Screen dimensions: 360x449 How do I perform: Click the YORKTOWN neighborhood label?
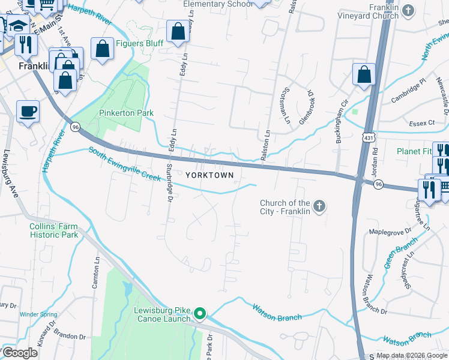tap(213, 174)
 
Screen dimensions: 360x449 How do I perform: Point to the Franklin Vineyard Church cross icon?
tap(408, 10)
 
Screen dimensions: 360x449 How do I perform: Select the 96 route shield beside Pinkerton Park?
tap(75, 127)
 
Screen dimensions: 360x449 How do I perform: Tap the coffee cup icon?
tap(28, 112)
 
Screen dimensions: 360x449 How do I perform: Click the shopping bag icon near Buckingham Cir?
tap(364, 75)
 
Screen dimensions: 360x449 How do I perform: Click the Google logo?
tap(20, 353)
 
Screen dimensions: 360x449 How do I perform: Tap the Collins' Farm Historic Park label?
tap(53, 230)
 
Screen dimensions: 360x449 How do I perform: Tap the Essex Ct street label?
tap(421, 123)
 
